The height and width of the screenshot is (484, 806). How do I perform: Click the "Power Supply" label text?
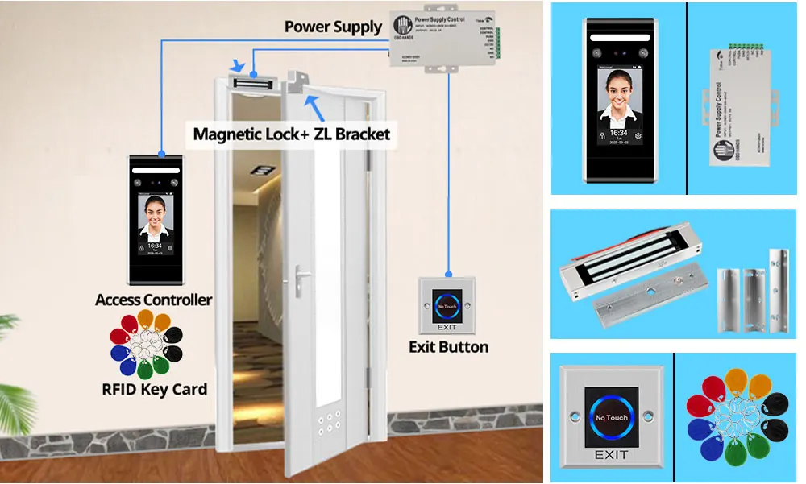(333, 27)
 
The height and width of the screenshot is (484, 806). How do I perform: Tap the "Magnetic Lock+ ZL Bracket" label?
(291, 133)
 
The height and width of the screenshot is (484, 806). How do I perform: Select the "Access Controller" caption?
(153, 300)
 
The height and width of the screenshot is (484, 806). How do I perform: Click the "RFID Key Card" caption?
(154, 390)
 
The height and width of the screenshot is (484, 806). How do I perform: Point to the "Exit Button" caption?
(448, 347)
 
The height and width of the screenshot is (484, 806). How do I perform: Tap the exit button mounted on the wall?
(447, 305)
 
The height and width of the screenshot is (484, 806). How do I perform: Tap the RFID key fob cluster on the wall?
(147, 344)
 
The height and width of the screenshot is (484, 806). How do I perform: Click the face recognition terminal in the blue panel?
(619, 99)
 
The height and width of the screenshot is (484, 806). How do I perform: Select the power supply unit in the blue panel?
(741, 105)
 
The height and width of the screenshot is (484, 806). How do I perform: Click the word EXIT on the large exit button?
(610, 455)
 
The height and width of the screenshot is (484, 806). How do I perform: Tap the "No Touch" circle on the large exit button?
(610, 418)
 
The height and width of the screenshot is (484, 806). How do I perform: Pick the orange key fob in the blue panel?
(735, 381)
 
